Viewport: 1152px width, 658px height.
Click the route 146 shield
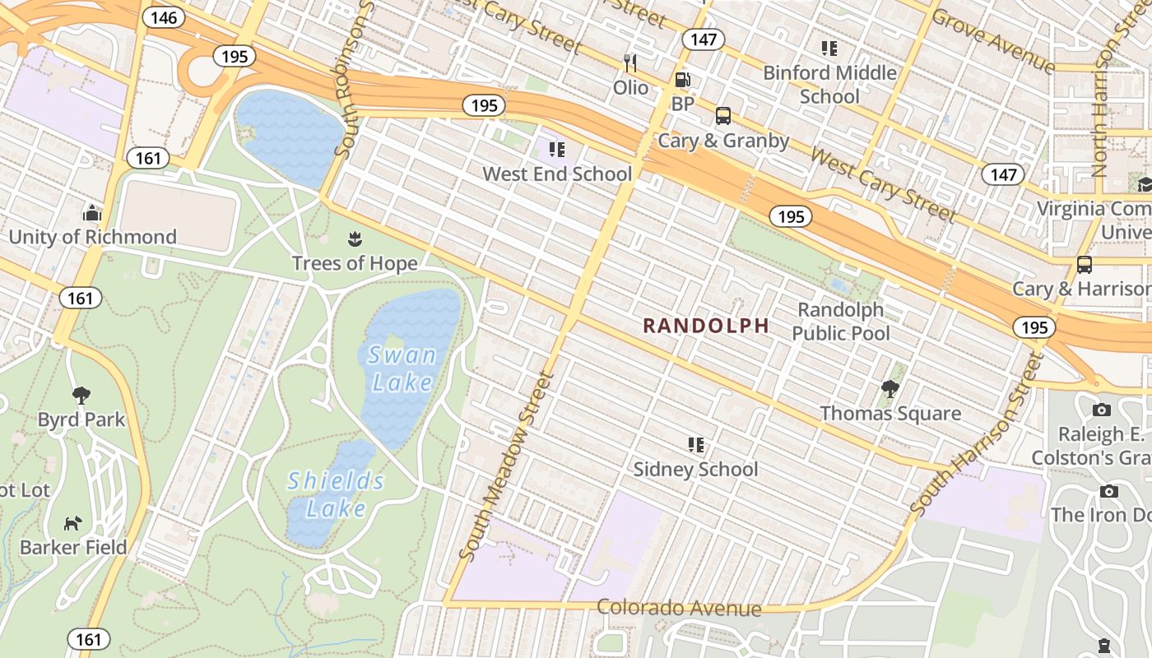point(164,17)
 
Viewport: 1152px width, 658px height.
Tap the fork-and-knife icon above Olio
point(630,63)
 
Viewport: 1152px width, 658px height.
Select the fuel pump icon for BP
point(682,80)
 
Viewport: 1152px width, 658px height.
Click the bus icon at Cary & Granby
point(722,116)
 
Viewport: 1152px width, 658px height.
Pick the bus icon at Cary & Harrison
point(1085,265)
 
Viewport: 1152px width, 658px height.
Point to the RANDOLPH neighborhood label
point(706,326)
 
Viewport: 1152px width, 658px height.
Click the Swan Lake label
point(402,368)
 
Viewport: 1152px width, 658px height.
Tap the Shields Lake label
point(336,494)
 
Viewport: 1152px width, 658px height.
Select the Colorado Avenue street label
point(679,608)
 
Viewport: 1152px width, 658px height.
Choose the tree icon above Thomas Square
point(890,388)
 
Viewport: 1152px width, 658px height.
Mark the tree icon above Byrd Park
point(81,396)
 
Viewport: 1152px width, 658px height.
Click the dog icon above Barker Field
point(73,523)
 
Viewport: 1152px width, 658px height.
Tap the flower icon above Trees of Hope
point(355,239)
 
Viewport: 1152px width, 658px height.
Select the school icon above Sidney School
point(695,445)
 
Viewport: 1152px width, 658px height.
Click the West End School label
point(557,174)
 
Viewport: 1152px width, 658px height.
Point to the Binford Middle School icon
point(829,49)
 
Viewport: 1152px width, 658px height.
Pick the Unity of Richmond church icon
point(91,214)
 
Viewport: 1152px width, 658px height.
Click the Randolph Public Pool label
point(841,321)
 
